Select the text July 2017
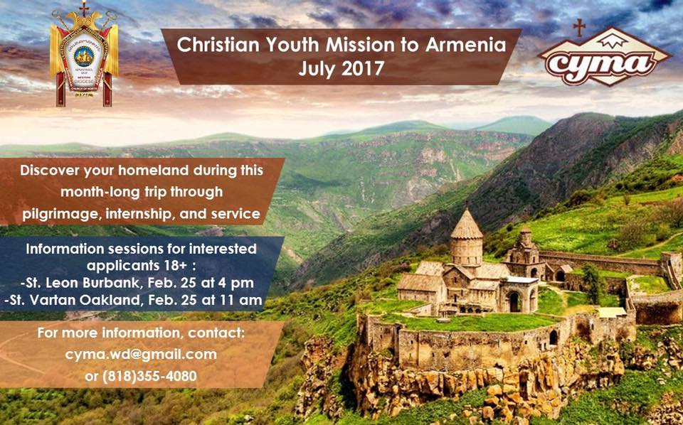point(341,70)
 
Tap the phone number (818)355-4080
point(141,375)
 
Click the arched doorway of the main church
point(514,302)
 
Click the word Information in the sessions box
point(65,249)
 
